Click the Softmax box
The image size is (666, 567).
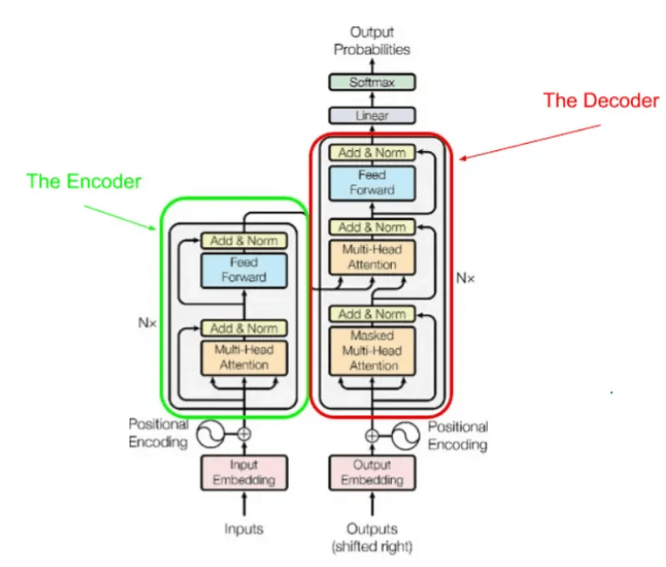pos(372,83)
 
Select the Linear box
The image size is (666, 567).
pos(372,115)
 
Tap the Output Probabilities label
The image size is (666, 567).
pos(372,41)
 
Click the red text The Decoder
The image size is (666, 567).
pos(601,100)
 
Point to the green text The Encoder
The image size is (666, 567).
pos(84,181)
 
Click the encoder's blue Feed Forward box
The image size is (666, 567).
pos(244,270)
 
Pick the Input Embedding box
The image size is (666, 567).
pos(244,472)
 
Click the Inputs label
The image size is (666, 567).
pos(244,529)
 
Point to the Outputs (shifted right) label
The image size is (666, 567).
pos(373,537)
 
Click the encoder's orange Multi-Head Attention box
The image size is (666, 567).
pos(244,358)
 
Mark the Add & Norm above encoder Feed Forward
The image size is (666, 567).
pos(244,241)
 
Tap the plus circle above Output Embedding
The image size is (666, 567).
pos(373,434)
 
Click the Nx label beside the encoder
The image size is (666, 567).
pos(147,322)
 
